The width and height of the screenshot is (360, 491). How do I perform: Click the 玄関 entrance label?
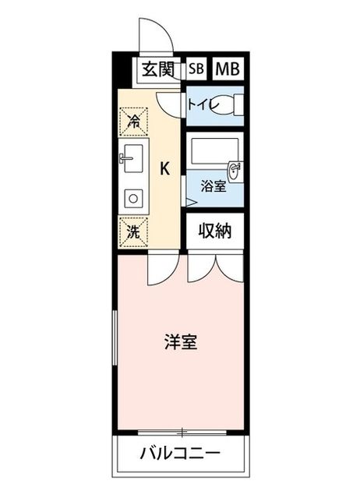[157, 69]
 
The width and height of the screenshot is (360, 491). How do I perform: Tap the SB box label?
[196, 69]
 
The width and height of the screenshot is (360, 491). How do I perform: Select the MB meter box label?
[228, 69]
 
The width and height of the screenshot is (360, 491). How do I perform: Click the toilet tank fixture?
[239, 105]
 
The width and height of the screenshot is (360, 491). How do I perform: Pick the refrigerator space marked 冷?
[133, 122]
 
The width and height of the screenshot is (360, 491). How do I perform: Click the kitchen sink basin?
[134, 158]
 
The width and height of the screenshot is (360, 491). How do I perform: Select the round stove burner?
[134, 198]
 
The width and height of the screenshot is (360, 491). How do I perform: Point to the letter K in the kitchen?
[165, 169]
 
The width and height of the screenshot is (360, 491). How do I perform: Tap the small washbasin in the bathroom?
[235, 171]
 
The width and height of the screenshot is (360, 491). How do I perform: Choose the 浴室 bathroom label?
[214, 187]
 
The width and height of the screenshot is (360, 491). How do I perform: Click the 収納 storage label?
[215, 231]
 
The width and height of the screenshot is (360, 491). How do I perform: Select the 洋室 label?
[181, 342]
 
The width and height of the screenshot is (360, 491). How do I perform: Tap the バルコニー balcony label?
[180, 454]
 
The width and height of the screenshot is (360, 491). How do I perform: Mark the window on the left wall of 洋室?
[115, 337]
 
